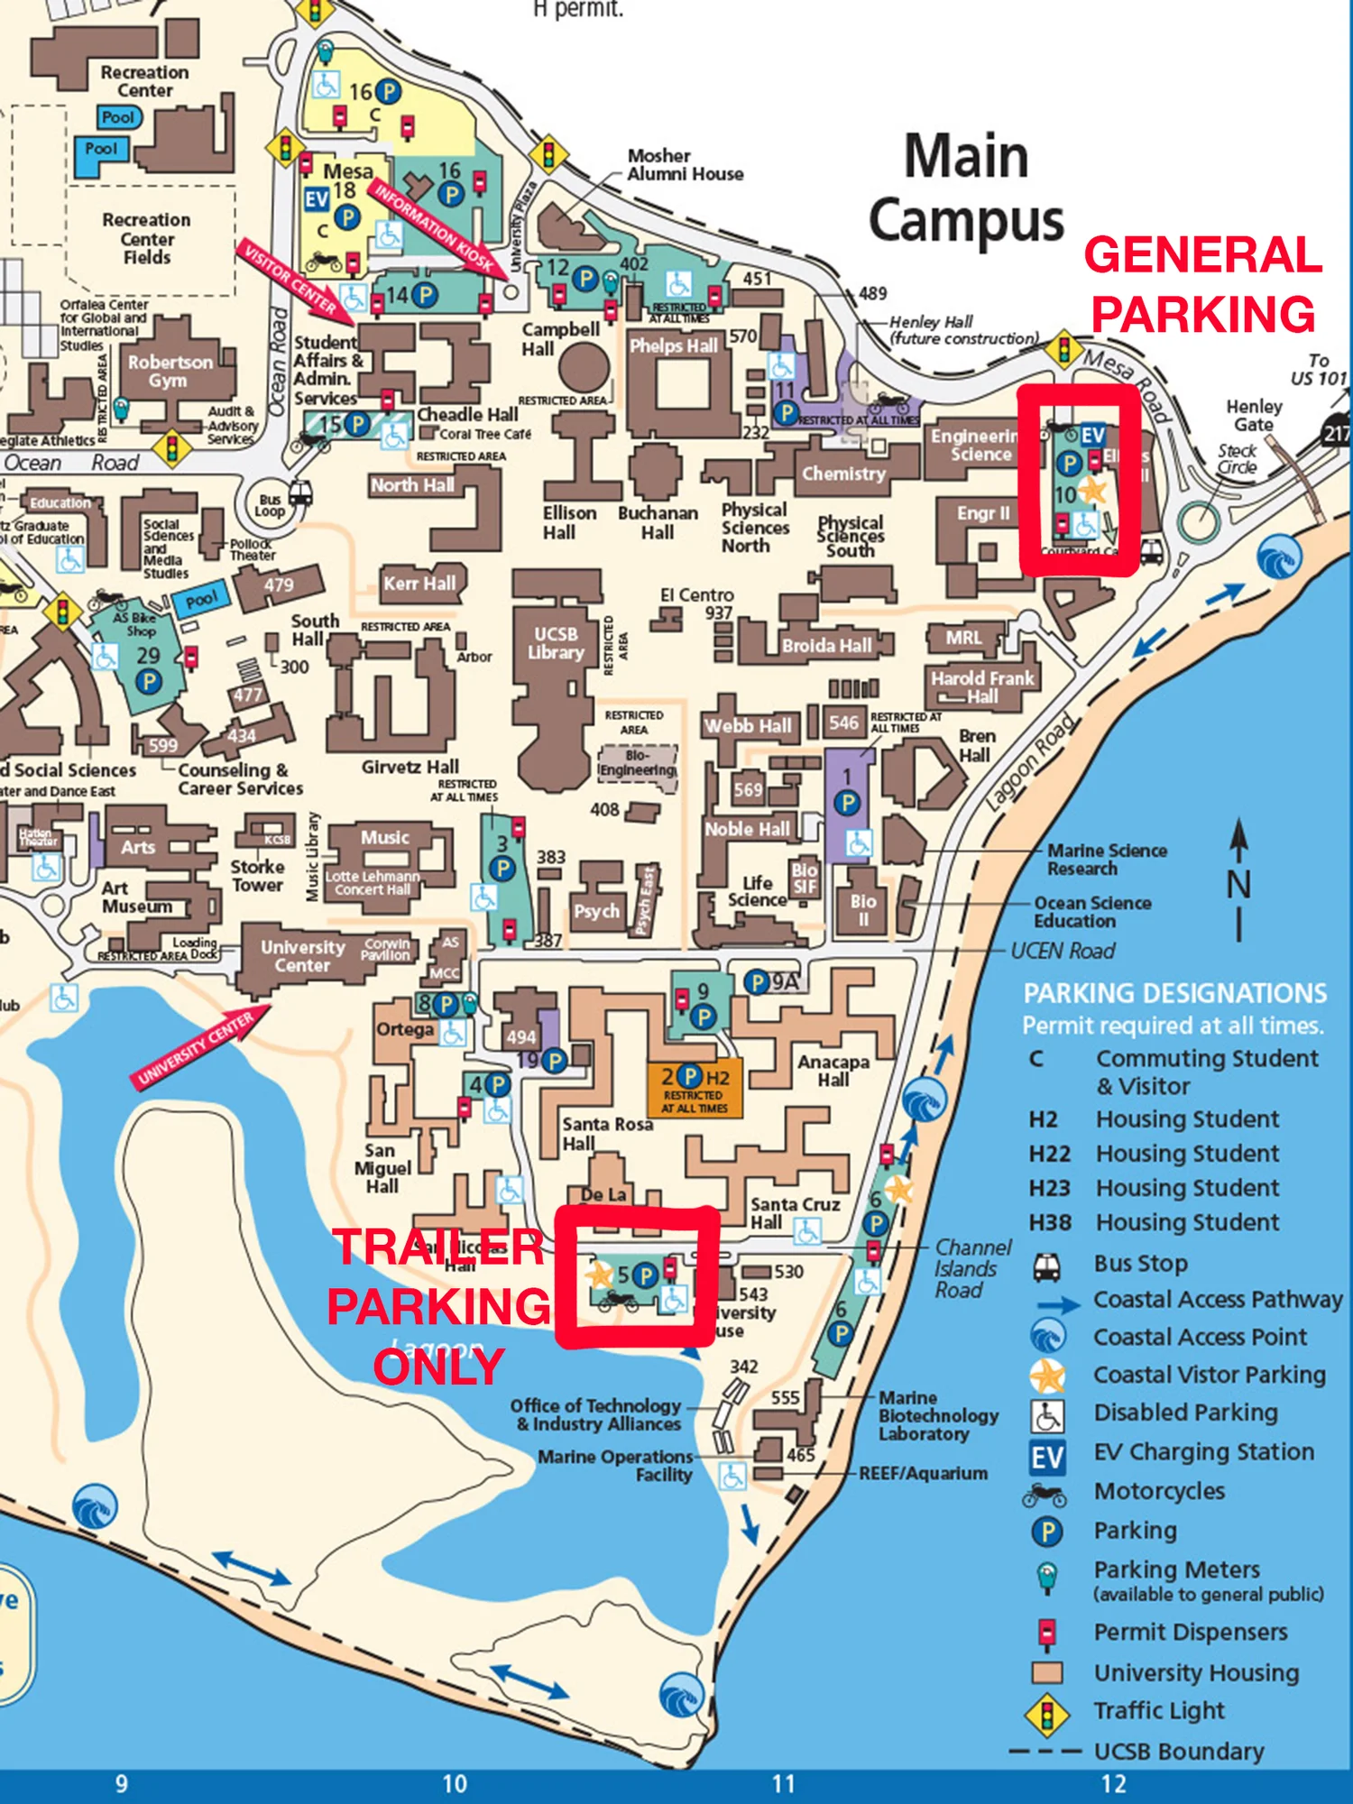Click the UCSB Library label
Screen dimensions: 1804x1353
click(x=556, y=643)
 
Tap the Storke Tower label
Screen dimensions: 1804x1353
click(x=257, y=875)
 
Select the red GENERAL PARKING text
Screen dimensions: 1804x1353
click(x=1202, y=284)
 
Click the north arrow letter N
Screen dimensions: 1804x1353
click(x=1239, y=884)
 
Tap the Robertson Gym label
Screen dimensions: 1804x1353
click(x=170, y=371)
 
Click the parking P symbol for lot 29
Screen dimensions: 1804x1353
click(x=149, y=681)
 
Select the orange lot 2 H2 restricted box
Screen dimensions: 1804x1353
click(x=695, y=1089)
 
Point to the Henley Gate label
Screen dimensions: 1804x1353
click(x=1253, y=415)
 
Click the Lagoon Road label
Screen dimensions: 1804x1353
click(x=1031, y=760)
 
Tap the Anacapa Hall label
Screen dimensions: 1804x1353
click(x=833, y=1071)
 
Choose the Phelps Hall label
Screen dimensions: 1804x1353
click(x=673, y=345)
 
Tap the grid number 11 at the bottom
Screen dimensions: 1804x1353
click(x=784, y=1783)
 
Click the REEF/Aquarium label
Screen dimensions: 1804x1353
click(x=922, y=1473)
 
